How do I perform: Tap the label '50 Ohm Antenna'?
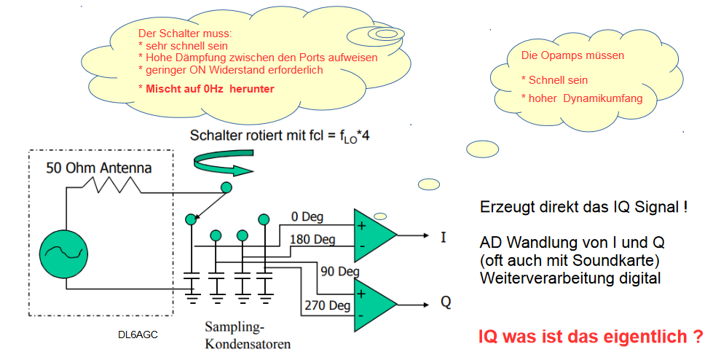[x=99, y=168]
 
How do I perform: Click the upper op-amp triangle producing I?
[x=374, y=235]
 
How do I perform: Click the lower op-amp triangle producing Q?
[x=374, y=302]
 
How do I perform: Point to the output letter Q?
[x=445, y=302]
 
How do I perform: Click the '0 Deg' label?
[x=307, y=216]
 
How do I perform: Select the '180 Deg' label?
[x=312, y=238]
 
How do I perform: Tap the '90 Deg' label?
[x=340, y=271]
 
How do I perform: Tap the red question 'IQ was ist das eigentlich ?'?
[x=591, y=337]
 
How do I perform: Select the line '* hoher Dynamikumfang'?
[x=581, y=98]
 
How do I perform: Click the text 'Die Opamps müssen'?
[x=572, y=55]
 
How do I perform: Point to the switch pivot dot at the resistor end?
[x=226, y=188]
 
